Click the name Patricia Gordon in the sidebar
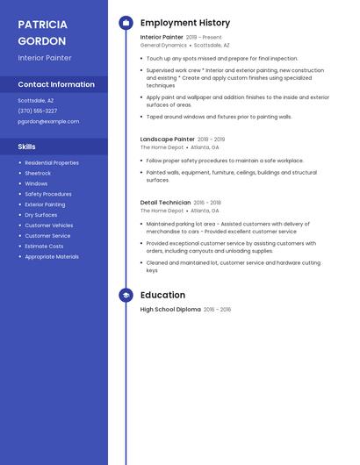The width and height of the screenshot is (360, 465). (42, 32)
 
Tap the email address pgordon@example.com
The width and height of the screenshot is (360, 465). (48, 121)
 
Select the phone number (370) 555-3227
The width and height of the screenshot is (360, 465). (38, 111)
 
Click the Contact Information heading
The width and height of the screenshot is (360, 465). (56, 84)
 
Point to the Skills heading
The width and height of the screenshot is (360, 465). (27, 147)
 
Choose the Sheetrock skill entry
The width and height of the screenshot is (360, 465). (38, 173)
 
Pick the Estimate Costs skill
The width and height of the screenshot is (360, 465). (44, 246)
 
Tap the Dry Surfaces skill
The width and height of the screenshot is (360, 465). (41, 214)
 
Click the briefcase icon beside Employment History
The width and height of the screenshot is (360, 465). (126, 23)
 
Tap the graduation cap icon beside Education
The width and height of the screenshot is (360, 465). (126, 296)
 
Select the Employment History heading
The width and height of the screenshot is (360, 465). (185, 23)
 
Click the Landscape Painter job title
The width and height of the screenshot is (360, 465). (168, 139)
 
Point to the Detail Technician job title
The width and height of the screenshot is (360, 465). (165, 202)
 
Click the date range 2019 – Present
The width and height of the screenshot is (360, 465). (205, 37)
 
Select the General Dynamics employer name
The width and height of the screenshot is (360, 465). (163, 45)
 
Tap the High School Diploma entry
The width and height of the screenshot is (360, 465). (170, 309)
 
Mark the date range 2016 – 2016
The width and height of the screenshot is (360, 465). (218, 309)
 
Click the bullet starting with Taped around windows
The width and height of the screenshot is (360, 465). (219, 117)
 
